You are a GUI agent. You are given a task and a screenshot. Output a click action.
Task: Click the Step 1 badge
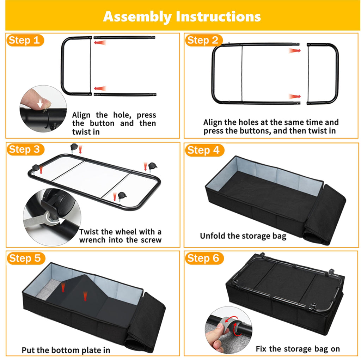point(25,40)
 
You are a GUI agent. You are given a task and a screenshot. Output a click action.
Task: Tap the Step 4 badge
point(204,150)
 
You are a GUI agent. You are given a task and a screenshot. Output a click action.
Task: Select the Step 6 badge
point(204,258)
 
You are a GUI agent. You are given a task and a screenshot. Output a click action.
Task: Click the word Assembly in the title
point(137,17)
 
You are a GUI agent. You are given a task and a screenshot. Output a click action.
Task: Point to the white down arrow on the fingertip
point(40,103)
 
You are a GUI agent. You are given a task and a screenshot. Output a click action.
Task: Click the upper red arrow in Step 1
point(100,43)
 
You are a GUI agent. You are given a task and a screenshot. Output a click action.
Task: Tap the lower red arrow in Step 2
point(295,96)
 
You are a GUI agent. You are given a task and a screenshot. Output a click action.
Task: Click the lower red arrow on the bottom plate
point(85,296)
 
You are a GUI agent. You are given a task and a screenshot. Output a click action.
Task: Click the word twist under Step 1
point(86,132)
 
